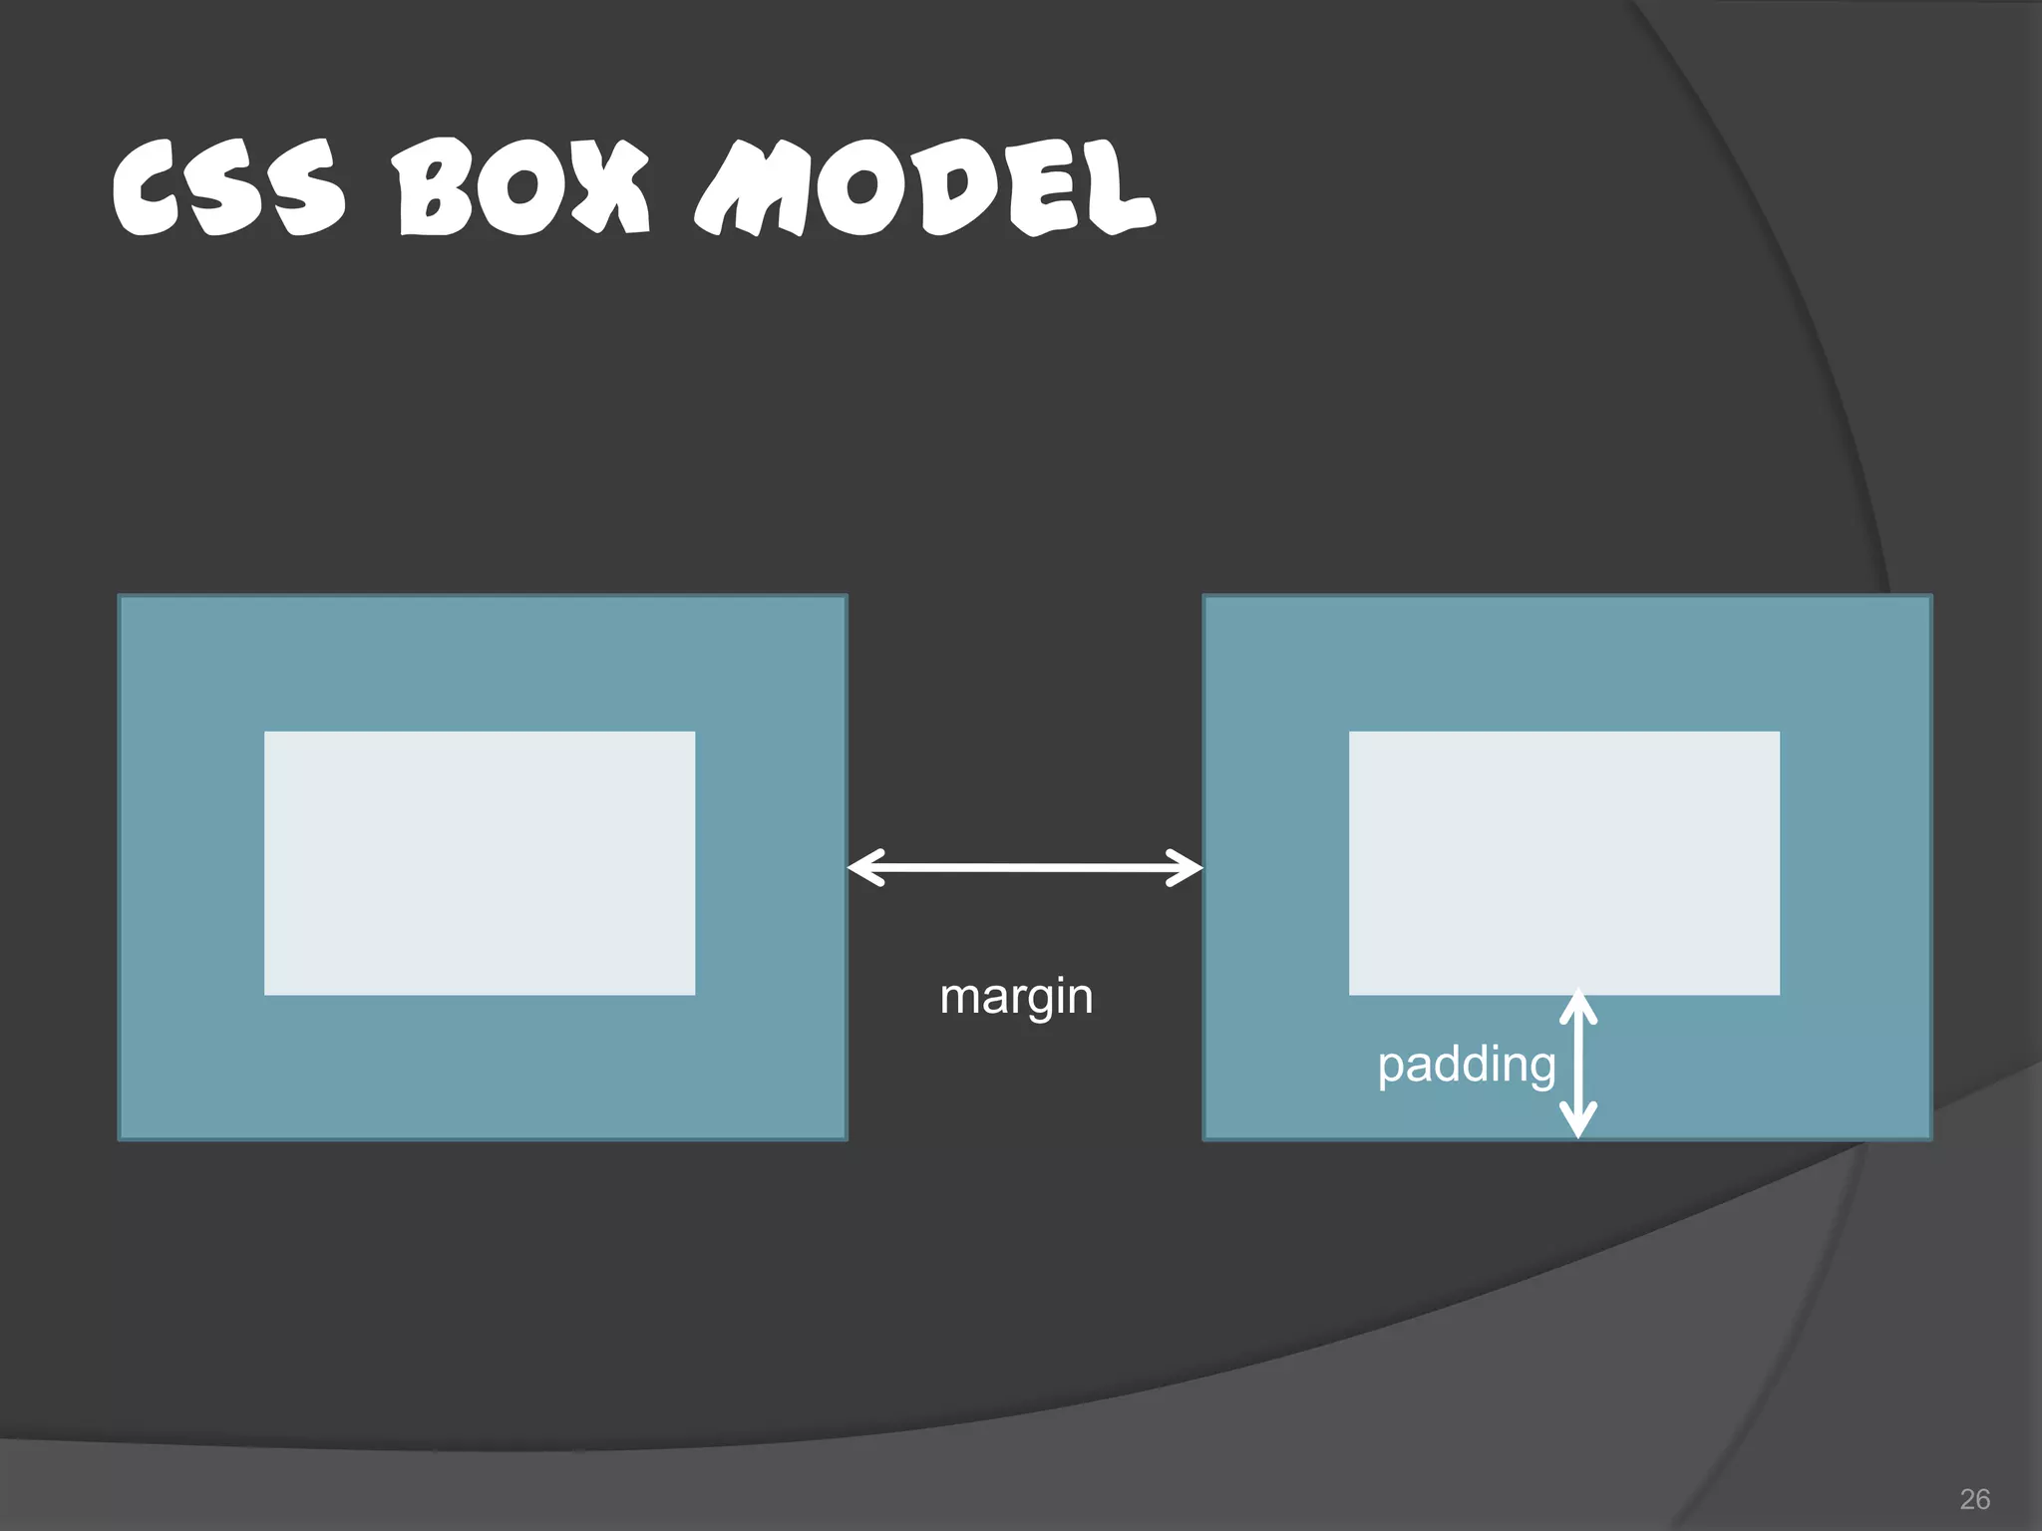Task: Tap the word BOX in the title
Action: point(521,189)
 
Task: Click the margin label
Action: point(1016,997)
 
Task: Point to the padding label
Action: point(1466,1065)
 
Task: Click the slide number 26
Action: point(1974,1499)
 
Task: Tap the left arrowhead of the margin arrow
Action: point(863,867)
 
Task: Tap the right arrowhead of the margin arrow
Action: point(1187,868)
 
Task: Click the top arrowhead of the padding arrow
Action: point(1578,1005)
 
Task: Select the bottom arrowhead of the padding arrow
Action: point(1578,1121)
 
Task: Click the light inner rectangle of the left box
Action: point(480,863)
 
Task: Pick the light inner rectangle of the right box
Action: point(1564,863)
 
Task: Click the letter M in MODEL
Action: point(750,189)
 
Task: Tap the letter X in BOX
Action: point(609,189)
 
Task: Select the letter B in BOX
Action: point(431,189)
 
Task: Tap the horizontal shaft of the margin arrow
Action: point(1025,868)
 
